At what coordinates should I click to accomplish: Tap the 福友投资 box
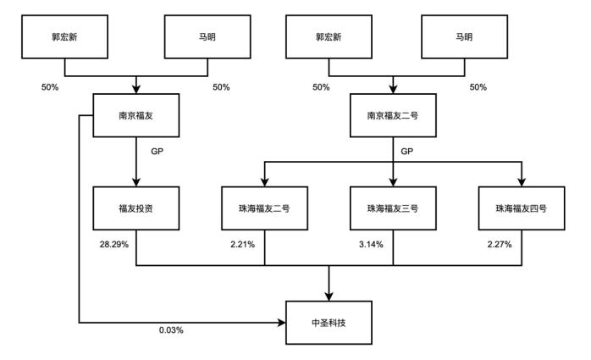pos(136,206)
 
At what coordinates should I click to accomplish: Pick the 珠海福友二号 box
pos(263,206)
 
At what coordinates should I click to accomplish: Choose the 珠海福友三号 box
pos(394,206)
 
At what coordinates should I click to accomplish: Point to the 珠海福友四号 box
pos(521,206)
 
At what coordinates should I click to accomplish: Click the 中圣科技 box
pos(329,322)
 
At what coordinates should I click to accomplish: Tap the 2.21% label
pos(242,244)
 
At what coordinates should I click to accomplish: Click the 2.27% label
pos(500,244)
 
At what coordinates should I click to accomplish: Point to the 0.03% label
pos(172,330)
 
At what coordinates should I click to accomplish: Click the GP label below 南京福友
pos(157,151)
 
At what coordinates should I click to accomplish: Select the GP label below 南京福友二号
pos(406,151)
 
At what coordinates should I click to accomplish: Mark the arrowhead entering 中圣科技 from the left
pos(282,322)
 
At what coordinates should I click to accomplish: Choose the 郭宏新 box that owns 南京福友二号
pos(329,38)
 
